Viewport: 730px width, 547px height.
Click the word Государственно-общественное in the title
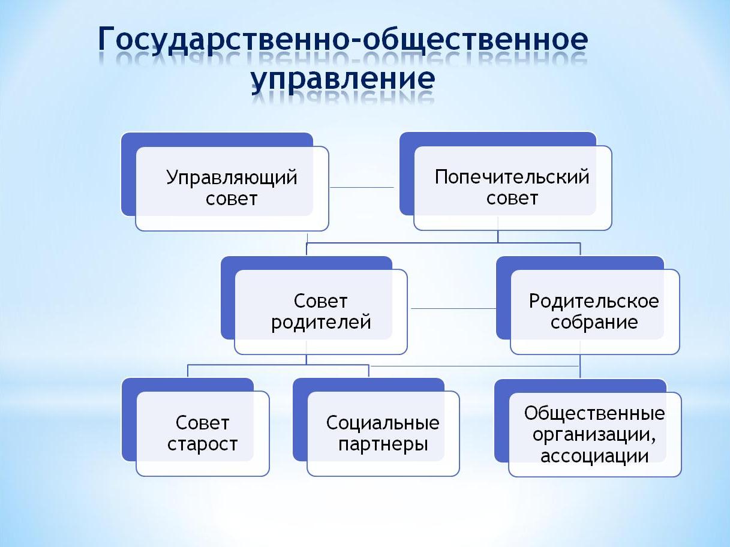(x=343, y=40)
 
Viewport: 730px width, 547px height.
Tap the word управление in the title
(x=343, y=80)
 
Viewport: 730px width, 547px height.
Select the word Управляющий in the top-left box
(x=232, y=178)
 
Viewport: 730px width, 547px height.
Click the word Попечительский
(x=512, y=176)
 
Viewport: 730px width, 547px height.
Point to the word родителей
(x=321, y=323)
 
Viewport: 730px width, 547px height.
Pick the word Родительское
(x=594, y=301)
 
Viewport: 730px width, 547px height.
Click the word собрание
(x=594, y=322)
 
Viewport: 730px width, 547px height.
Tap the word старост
(x=202, y=444)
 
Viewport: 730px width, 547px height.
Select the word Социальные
(x=383, y=423)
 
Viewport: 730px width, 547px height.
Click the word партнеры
(x=383, y=444)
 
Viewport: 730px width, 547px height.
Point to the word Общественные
(x=594, y=414)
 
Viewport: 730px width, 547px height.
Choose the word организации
(x=594, y=435)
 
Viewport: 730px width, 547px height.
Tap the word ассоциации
(x=594, y=456)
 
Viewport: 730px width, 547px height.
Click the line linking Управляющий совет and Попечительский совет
(x=362, y=188)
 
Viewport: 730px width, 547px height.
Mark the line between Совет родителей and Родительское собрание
(x=453, y=308)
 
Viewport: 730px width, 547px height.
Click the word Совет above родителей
(x=320, y=301)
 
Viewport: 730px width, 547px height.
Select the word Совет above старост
(x=202, y=423)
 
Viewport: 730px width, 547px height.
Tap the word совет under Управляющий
(x=232, y=199)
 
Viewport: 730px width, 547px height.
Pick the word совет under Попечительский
(x=512, y=198)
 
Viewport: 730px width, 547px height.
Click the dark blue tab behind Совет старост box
(x=129, y=420)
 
